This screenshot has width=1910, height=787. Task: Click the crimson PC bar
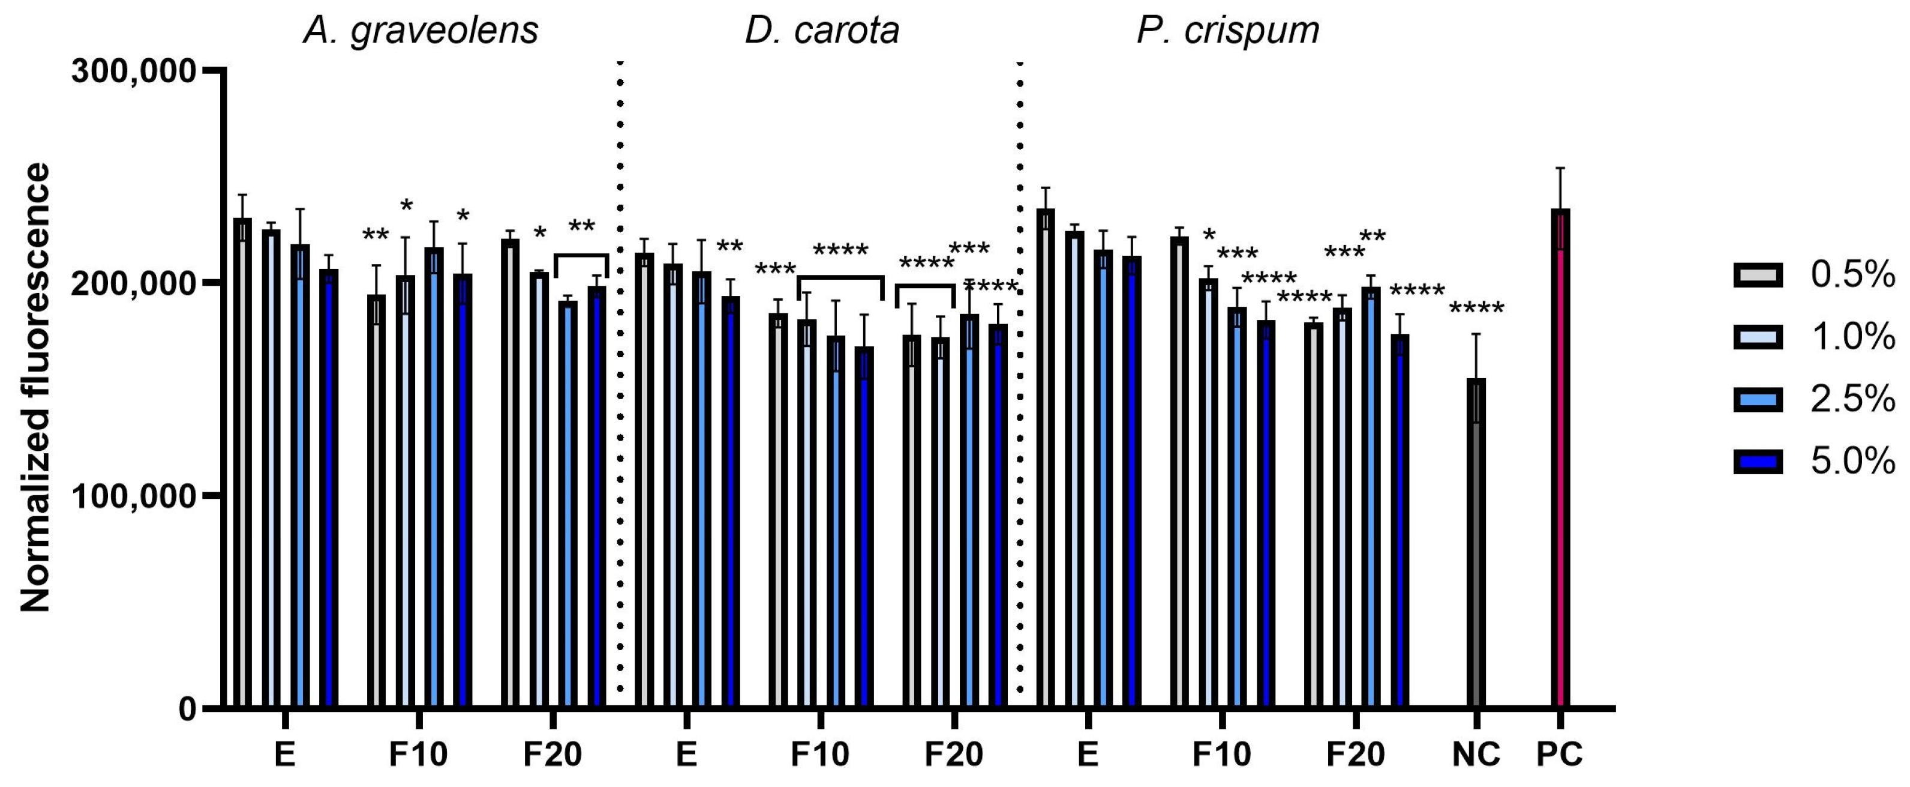point(1561,460)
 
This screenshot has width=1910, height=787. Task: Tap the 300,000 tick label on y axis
point(133,72)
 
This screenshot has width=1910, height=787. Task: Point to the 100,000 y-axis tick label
point(133,496)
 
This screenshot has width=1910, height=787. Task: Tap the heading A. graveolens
point(421,31)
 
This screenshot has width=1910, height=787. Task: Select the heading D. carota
point(822,31)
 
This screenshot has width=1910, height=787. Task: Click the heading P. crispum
point(1228,31)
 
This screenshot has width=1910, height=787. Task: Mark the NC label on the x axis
point(1476,755)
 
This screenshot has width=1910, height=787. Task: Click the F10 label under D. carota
point(820,755)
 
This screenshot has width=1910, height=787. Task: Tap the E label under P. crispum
point(1088,755)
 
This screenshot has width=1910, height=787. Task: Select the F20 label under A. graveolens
point(552,755)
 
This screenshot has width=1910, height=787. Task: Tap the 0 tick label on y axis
point(187,708)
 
